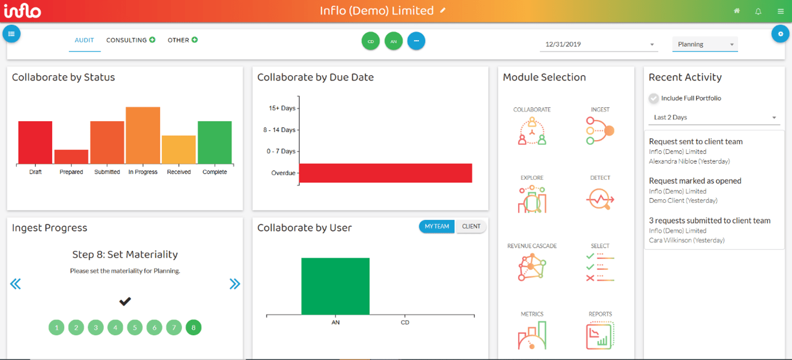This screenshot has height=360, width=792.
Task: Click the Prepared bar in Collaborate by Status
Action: pyautogui.click(x=71, y=157)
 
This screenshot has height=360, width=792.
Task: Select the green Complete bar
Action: pyautogui.click(x=215, y=142)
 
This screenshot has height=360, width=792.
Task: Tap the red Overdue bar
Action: pyautogui.click(x=385, y=173)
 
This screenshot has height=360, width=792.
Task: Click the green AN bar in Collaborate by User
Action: pyautogui.click(x=335, y=286)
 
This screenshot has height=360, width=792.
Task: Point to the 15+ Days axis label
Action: pyautogui.click(x=282, y=108)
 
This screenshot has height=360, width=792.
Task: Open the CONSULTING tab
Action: pyautogui.click(x=126, y=40)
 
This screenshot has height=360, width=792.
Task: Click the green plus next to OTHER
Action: pyautogui.click(x=195, y=40)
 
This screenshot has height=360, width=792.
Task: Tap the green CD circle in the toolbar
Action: pyautogui.click(x=370, y=41)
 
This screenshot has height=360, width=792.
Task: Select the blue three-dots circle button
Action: pyautogui.click(x=416, y=41)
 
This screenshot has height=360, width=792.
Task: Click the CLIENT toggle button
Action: pyautogui.click(x=471, y=227)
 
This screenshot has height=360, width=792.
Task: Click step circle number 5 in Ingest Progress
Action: pyautogui.click(x=135, y=328)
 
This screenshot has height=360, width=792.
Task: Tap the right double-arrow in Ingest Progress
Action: pyautogui.click(x=234, y=284)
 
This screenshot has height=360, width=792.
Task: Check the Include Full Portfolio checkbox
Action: pyautogui.click(x=654, y=98)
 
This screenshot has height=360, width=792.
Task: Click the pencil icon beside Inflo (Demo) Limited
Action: pyautogui.click(x=443, y=10)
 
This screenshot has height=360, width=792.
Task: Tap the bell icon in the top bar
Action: pyautogui.click(x=758, y=11)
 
